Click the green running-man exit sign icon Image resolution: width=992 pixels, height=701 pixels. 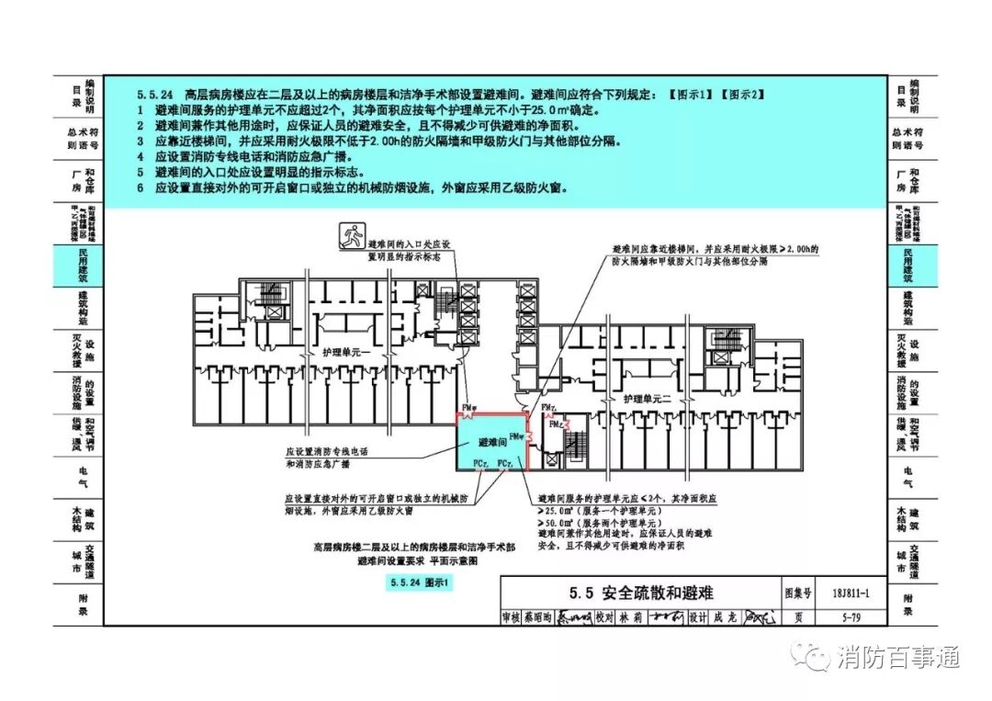tap(350, 238)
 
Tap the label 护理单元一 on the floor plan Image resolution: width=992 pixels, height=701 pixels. tap(344, 353)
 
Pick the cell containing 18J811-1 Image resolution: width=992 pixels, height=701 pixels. tap(835, 593)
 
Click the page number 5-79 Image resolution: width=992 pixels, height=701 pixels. tap(835, 617)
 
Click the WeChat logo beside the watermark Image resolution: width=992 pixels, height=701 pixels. tap(815, 657)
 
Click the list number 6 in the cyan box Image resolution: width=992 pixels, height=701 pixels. tap(141, 187)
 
